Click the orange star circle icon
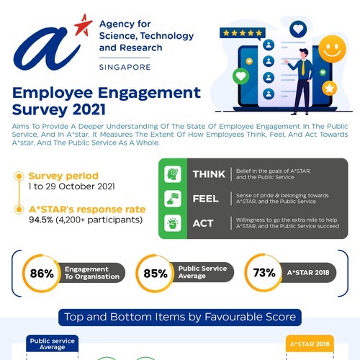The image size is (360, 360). coord(330,88)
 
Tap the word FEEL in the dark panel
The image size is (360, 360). coord(206,199)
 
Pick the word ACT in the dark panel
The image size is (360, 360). coord(202,223)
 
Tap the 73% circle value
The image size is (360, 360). coord(263,273)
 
